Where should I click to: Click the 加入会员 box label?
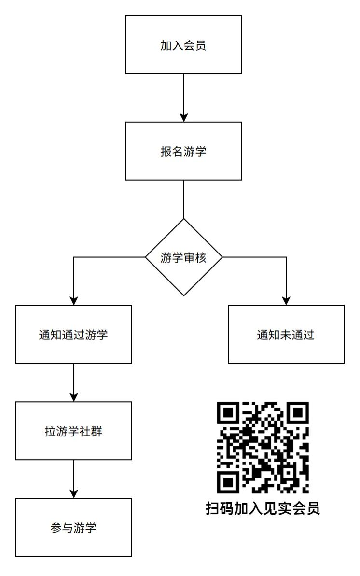tap(183, 45)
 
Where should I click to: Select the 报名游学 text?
tap(183, 151)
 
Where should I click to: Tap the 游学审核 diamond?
tap(184, 257)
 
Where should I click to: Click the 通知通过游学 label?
tap(73, 335)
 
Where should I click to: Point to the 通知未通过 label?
tap(286, 335)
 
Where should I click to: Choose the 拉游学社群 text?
tap(73, 431)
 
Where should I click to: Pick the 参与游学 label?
tap(73, 528)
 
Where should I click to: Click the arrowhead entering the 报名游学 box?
tap(184, 117)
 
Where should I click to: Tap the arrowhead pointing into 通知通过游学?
tap(74, 301)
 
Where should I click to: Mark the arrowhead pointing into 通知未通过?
tap(286, 301)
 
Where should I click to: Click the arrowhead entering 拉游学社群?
tap(74, 397)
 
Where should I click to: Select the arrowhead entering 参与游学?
tap(74, 494)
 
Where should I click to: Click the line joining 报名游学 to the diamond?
tap(184, 199)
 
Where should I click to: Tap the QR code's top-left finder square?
tap(228, 413)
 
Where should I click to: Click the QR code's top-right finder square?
tap(298, 413)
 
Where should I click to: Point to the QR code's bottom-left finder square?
tap(228, 482)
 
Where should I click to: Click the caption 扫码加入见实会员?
tap(263, 508)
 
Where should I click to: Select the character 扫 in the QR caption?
tap(213, 508)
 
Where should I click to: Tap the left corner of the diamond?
tap(146, 257)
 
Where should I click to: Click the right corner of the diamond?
tap(222, 257)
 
